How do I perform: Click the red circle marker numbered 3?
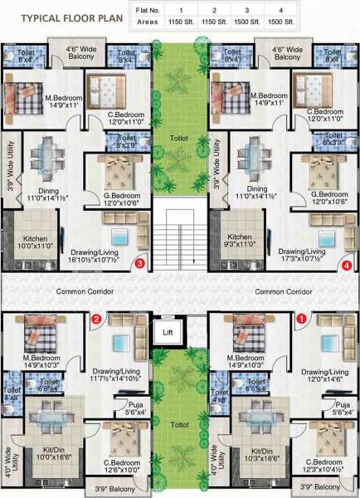coord(140,264)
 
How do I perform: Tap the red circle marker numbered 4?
coord(347,266)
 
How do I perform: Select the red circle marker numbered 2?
coord(96,317)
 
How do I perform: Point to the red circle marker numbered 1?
coord(302,317)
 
